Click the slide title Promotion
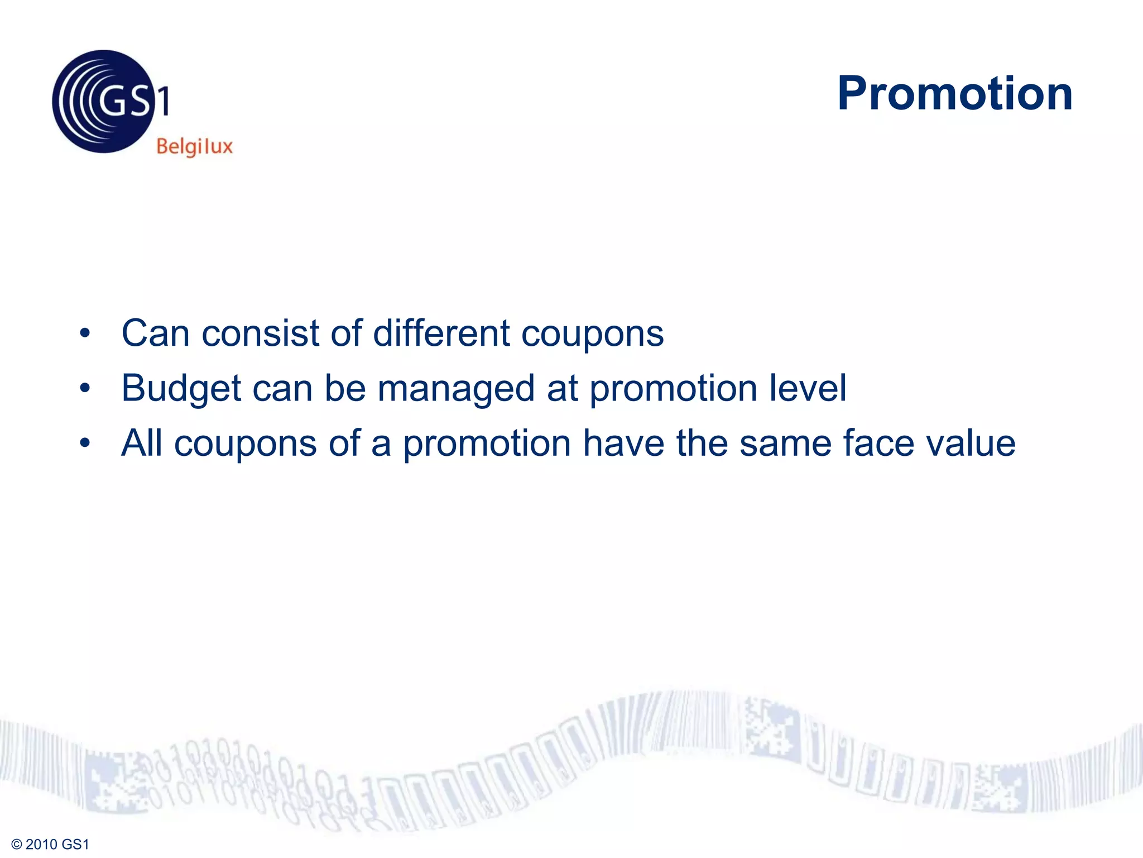(954, 93)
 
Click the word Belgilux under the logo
(194, 146)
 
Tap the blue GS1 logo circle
(103, 102)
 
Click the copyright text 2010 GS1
(50, 844)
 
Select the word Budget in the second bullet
(181, 389)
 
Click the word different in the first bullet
(441, 333)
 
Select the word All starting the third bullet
(142, 443)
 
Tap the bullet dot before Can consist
(85, 333)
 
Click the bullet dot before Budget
(85, 388)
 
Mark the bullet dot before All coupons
(85, 444)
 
